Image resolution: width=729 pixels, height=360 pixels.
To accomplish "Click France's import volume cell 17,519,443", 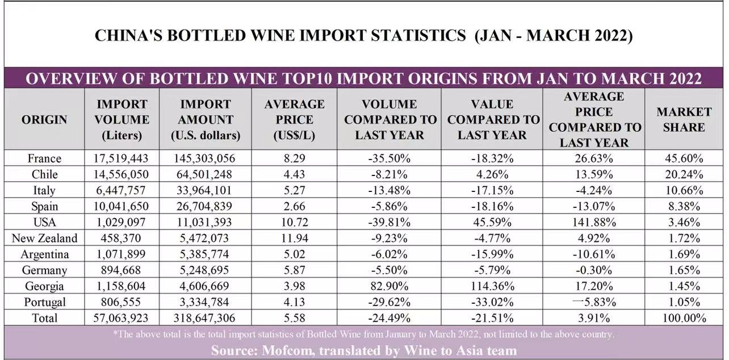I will (122, 158).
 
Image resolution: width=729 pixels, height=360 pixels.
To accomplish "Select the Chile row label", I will (44, 174).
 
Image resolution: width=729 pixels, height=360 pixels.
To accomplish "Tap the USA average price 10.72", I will (294, 222).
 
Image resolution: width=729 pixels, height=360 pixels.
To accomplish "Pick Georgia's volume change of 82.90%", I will (389, 286).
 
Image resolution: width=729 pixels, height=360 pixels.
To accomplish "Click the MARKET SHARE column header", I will (684, 120).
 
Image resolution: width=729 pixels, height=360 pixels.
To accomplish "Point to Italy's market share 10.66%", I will (684, 190).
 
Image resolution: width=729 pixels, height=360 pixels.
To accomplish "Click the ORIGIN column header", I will (44, 120).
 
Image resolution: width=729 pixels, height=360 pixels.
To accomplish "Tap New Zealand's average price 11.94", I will (294, 238).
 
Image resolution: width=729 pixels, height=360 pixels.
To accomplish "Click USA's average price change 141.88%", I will (594, 222).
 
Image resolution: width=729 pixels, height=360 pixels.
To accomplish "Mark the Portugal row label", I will (44, 302).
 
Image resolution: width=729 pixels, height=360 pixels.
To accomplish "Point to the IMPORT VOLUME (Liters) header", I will (122, 120).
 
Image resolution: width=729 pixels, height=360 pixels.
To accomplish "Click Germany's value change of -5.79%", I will (492, 270).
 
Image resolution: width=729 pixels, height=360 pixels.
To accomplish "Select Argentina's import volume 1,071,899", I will (122, 254).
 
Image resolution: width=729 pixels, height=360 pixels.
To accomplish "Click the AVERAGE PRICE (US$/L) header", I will (294, 120).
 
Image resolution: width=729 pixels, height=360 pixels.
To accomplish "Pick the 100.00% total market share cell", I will (684, 318).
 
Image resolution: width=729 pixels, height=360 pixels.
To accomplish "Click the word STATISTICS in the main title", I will (413, 36).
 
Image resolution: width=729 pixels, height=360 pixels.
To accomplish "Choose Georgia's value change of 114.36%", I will (492, 286).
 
